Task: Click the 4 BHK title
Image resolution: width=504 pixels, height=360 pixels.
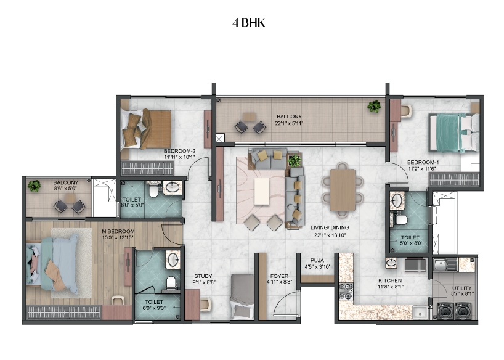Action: [x=248, y=23]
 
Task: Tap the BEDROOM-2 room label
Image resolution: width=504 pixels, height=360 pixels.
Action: [x=179, y=151]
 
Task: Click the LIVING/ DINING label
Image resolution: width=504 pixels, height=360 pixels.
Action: [x=330, y=227]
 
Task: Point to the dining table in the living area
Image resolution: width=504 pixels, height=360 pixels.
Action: [x=343, y=190]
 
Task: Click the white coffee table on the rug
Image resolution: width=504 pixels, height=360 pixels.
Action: [x=262, y=192]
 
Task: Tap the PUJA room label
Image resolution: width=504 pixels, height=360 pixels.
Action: [x=317, y=260]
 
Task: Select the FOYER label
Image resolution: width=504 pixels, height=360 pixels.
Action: [x=279, y=276]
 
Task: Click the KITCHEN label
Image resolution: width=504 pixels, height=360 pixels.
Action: [x=390, y=280]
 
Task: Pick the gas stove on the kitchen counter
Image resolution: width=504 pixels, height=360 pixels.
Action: [x=346, y=290]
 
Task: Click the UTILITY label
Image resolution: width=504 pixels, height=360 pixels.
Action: [x=461, y=288]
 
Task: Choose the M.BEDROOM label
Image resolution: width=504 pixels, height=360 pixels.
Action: [x=118, y=231]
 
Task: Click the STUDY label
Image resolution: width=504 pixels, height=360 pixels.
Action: [x=203, y=276]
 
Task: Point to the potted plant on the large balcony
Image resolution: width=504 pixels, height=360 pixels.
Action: [x=374, y=107]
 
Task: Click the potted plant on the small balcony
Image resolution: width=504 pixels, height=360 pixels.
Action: [x=35, y=186]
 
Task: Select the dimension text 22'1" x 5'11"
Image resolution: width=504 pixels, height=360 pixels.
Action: [x=290, y=123]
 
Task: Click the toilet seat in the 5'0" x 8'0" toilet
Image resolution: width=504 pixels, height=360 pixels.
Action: [x=401, y=220]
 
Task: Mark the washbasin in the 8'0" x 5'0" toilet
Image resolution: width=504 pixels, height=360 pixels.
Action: [x=173, y=187]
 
